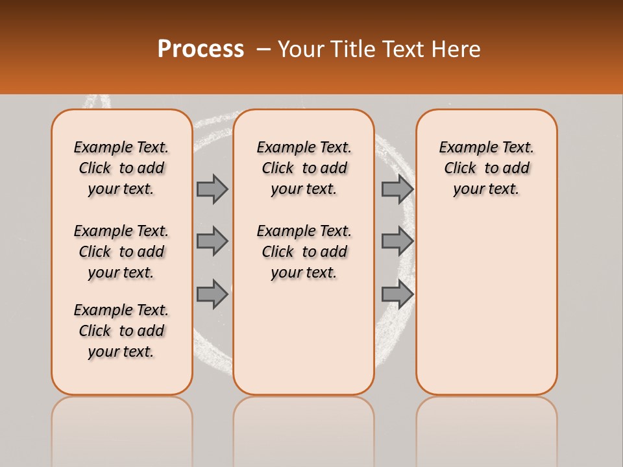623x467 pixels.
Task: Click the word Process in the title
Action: [x=201, y=49]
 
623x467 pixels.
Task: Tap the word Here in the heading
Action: [x=456, y=49]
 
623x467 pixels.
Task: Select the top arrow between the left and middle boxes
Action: [x=212, y=189]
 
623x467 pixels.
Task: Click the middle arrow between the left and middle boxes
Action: [x=212, y=241]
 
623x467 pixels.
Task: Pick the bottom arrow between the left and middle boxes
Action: [x=212, y=294]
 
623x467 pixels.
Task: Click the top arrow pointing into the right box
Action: [x=397, y=189]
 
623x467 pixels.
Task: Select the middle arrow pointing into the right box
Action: [x=397, y=241]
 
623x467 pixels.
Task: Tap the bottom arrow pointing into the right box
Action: [x=397, y=294]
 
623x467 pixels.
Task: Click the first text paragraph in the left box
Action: [x=121, y=168]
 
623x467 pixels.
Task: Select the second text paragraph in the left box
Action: [x=121, y=252]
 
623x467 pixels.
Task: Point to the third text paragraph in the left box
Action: [x=121, y=331]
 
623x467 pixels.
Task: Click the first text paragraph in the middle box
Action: [x=304, y=168]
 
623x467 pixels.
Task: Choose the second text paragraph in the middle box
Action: [x=304, y=252]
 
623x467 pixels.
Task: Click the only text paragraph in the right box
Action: [x=486, y=168]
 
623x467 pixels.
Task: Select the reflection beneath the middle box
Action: [x=304, y=428]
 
